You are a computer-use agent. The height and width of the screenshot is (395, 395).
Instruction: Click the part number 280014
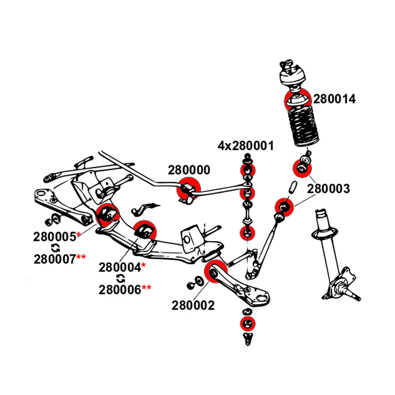[x=335, y=99]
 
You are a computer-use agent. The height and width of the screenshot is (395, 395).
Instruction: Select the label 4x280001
[x=245, y=146]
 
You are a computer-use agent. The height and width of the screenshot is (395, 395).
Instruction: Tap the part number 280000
[x=189, y=170]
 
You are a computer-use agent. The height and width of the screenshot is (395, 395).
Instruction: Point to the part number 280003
[x=329, y=189]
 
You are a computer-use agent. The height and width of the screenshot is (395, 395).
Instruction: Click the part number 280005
[x=55, y=237]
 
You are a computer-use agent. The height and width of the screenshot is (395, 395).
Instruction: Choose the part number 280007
[x=55, y=259]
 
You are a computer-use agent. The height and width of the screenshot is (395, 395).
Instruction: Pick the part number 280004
[x=120, y=267]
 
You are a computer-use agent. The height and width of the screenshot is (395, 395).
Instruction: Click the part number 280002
[x=193, y=305]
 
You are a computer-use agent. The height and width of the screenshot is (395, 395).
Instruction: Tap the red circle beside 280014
[x=297, y=100]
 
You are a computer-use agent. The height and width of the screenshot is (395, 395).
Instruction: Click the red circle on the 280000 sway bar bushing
[x=189, y=189]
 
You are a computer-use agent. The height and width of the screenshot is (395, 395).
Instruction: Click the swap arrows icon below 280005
[x=56, y=248]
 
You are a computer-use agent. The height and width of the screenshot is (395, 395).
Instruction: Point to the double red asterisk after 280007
[x=81, y=258]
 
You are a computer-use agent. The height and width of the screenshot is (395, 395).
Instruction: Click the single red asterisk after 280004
[x=143, y=265]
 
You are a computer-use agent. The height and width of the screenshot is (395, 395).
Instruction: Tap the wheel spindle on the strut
[x=354, y=294]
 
